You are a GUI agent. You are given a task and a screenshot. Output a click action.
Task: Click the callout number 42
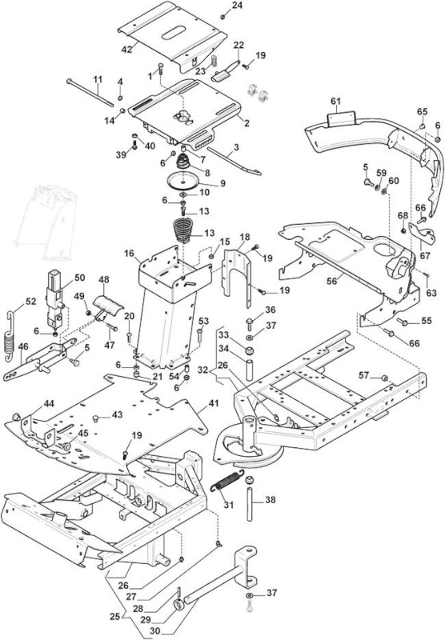pos(127,49)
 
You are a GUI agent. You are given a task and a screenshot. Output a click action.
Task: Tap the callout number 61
pos(335,102)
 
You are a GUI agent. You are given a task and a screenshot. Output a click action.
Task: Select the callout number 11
pos(97,78)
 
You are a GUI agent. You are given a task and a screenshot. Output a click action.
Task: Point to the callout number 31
pos(229,505)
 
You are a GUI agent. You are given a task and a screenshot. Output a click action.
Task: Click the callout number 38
pos(271,499)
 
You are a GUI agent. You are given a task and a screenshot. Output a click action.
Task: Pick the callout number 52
pos(31,302)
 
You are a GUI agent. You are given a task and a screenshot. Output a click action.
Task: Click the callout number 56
pos(332,282)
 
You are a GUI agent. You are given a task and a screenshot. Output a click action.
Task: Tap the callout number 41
pos(214,404)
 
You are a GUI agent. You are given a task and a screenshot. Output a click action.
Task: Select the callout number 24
pos(237,6)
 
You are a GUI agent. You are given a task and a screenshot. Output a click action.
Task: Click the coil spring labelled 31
pos(227,481)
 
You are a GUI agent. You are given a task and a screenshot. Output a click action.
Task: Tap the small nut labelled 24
pos(223,17)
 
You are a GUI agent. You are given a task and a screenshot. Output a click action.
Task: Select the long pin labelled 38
pos(250,498)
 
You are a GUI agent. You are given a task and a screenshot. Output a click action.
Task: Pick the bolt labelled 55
pos(403,322)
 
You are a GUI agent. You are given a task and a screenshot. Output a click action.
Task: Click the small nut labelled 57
pos(384,378)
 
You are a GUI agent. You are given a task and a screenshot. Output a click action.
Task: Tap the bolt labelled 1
pos(160,69)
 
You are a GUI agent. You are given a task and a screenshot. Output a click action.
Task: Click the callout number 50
pos(79,278)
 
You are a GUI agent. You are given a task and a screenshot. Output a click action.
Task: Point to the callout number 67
pos(425,256)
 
